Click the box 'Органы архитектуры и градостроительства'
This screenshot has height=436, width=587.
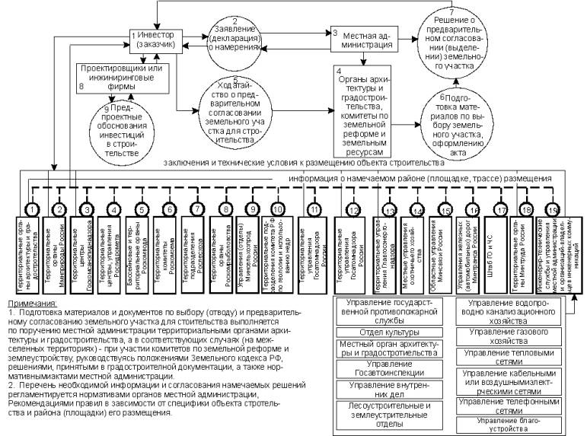pyautogui.click(x=363, y=111)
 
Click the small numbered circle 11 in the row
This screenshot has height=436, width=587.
pyautogui.click(x=313, y=208)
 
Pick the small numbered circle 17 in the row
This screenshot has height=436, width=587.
pyautogui.click(x=500, y=208)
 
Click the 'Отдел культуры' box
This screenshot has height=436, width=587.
pyautogui.click(x=378, y=333)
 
